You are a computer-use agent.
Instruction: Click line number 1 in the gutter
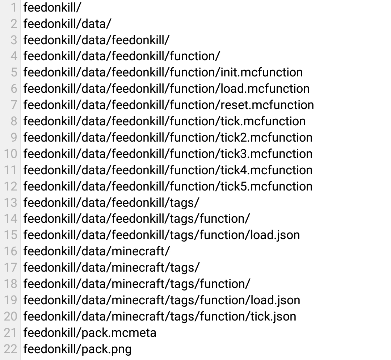coord(14,8)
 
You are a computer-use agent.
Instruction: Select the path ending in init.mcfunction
coord(163,72)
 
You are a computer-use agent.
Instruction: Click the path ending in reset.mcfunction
coord(169,105)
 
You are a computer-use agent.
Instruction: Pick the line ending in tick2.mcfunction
coord(168,138)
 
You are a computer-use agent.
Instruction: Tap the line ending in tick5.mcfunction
coord(168,187)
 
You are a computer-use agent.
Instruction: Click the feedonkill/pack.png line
coord(77,349)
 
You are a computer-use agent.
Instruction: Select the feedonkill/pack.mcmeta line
coord(90,333)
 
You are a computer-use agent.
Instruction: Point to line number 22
coord(10,349)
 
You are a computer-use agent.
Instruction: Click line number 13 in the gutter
coord(10,202)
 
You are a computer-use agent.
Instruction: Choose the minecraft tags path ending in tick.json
coord(160,317)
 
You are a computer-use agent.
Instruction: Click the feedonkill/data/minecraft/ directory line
coord(97,251)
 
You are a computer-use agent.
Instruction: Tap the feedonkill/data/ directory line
coord(67,24)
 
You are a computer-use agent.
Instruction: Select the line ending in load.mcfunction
coord(167,89)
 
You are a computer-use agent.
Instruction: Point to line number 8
coord(14,121)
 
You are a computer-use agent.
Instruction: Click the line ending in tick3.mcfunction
coord(168,154)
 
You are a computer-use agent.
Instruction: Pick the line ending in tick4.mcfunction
coord(168,170)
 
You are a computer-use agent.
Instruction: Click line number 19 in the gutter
coord(10,300)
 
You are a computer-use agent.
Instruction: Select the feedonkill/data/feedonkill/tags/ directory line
coord(112,203)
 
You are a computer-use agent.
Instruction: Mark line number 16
coord(10,251)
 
